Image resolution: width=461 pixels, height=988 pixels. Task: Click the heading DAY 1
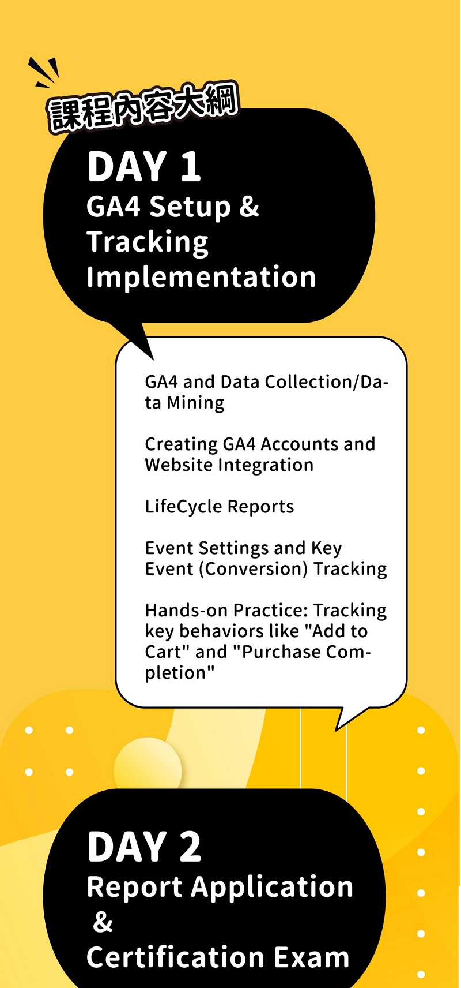(144, 166)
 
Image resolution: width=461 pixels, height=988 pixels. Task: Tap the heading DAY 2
(144, 846)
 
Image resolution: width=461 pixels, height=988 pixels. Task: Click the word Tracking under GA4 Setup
(148, 242)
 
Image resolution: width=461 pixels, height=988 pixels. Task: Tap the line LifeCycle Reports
(220, 506)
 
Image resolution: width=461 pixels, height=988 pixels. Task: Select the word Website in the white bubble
(179, 465)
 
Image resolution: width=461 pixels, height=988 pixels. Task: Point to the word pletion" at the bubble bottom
(180, 673)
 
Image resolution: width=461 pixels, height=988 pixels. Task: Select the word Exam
(312, 957)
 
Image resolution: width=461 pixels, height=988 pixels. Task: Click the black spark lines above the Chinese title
(43, 72)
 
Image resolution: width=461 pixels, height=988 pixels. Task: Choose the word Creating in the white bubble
(182, 445)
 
